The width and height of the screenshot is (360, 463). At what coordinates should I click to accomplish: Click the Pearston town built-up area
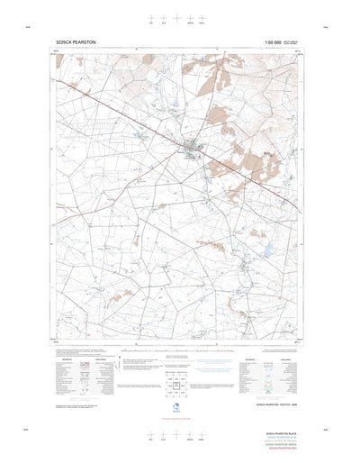[193, 149]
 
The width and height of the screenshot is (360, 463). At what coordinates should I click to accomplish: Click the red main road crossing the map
[135, 114]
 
